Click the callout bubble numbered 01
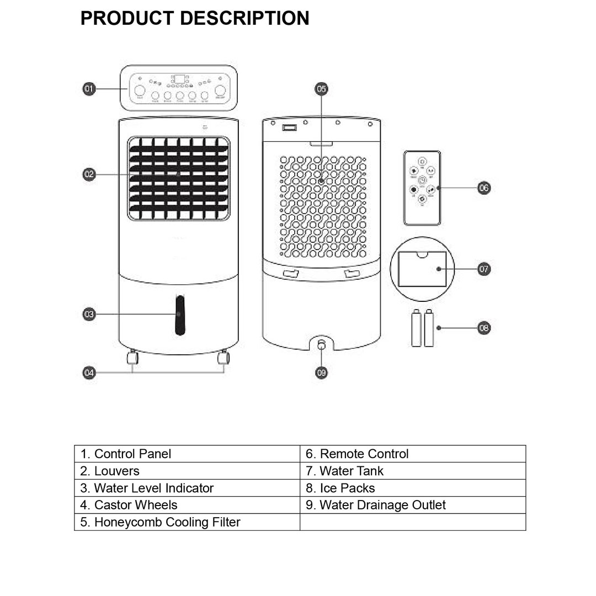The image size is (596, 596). point(89,89)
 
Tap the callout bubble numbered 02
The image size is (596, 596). point(89,174)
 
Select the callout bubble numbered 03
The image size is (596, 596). point(89,314)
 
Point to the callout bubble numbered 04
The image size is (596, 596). point(89,373)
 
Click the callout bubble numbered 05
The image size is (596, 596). point(321,89)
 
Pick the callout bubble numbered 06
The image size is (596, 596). point(483,188)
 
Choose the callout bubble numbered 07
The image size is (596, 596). point(483,269)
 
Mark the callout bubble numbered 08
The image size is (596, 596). point(483,328)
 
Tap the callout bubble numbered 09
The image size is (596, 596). point(321,373)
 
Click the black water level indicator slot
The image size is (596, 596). point(180,315)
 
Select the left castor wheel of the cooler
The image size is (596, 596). point(132,358)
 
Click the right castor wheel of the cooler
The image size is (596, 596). point(223,358)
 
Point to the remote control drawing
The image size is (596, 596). point(422,188)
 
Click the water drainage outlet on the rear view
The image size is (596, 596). point(322,344)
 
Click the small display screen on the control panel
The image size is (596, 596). point(179,79)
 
